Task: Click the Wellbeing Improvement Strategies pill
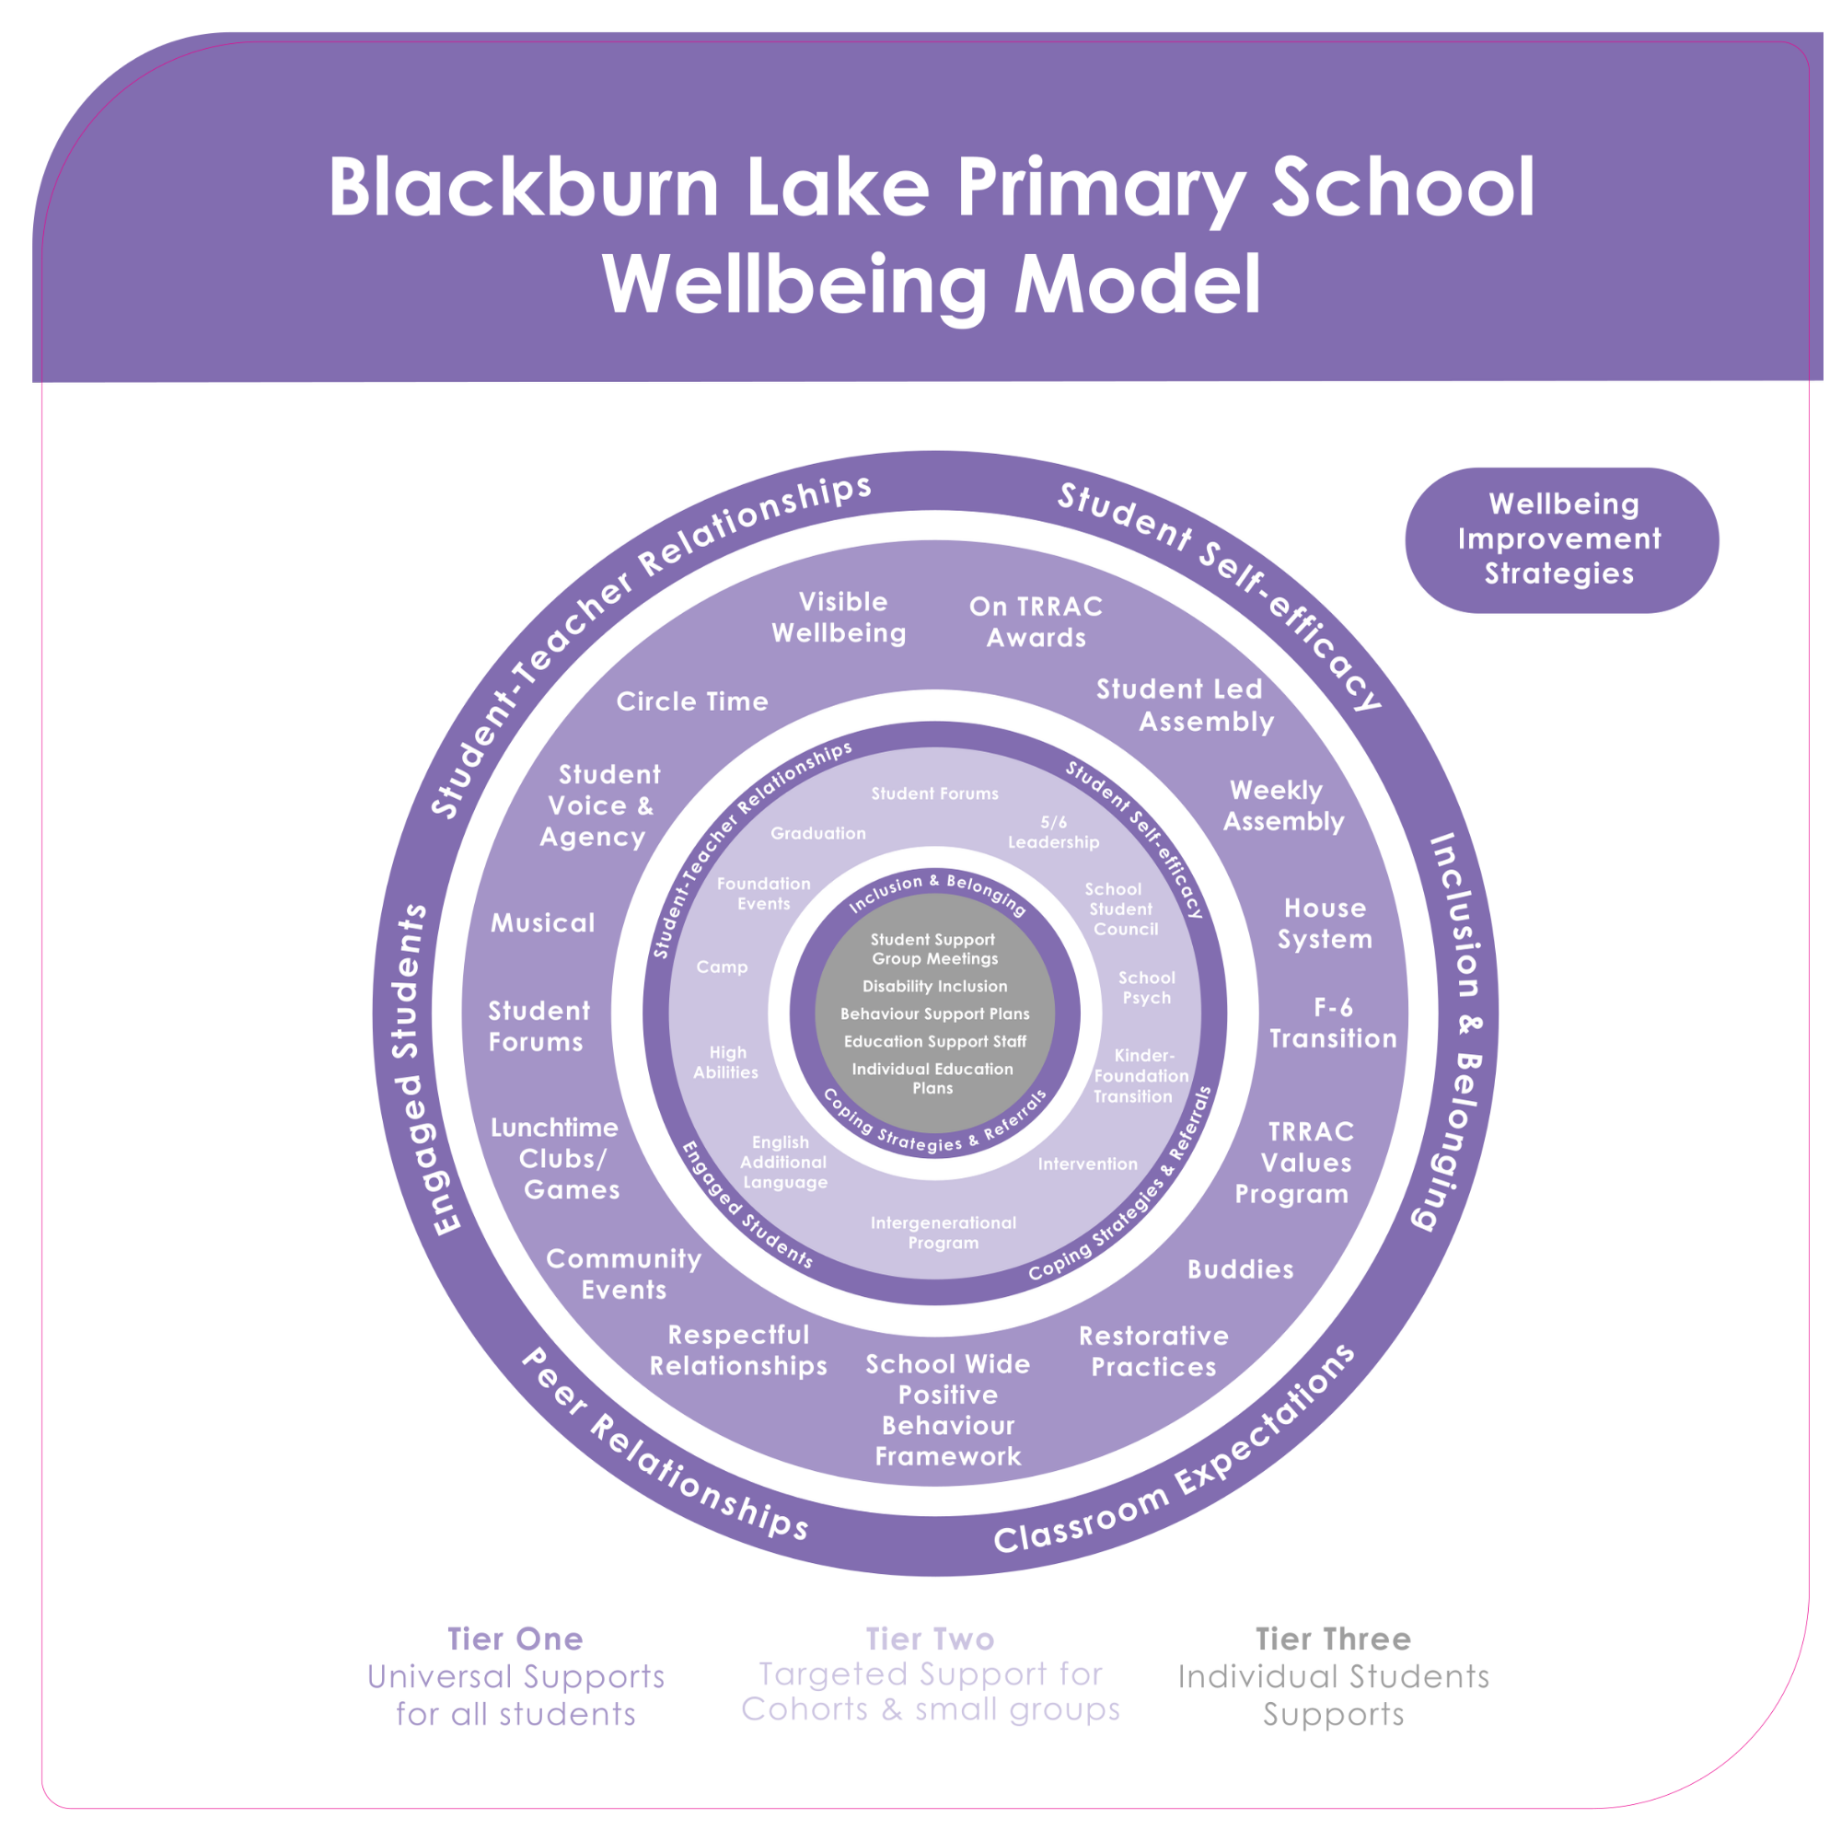click(1561, 539)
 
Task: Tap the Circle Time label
click(692, 701)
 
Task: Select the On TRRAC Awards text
click(1036, 621)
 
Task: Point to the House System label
click(1325, 923)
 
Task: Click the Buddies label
click(1240, 1269)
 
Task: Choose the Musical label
click(542, 922)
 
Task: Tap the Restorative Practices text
click(1153, 1351)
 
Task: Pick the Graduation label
click(817, 833)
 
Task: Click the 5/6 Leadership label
click(1053, 832)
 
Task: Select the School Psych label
click(1146, 987)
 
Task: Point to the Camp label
click(722, 967)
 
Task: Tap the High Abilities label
click(726, 1061)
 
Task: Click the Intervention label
click(1087, 1164)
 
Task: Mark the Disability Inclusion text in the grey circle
click(933, 986)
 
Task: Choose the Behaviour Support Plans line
click(933, 1013)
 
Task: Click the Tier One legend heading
click(515, 1639)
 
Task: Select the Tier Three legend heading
click(1332, 1639)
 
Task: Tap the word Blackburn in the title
click(523, 187)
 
